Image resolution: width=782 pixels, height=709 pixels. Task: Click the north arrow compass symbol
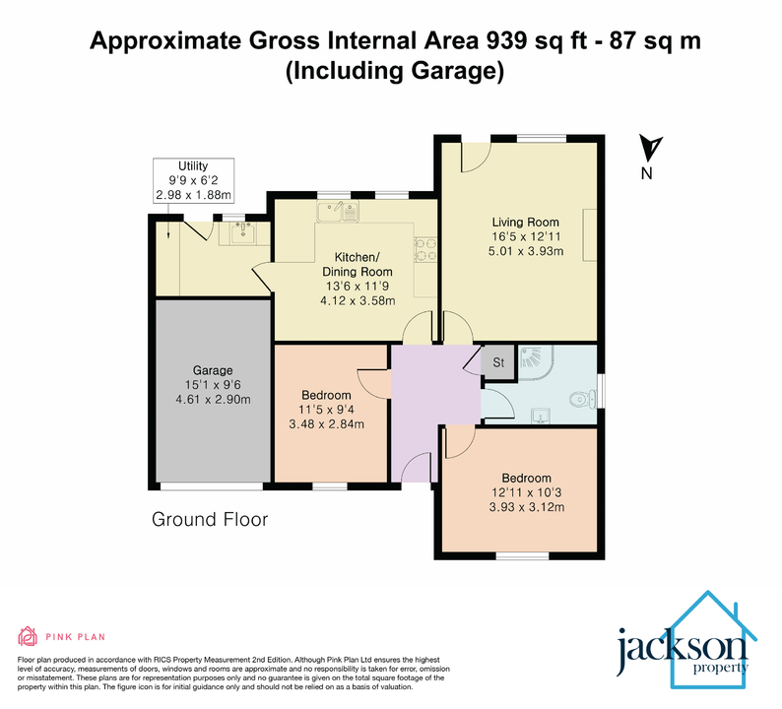point(649,151)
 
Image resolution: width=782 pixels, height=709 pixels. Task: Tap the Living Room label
point(525,223)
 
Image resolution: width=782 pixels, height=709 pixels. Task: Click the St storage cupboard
point(498,362)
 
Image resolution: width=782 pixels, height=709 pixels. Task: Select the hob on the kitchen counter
point(425,252)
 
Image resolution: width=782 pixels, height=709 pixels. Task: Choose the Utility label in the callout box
point(193,165)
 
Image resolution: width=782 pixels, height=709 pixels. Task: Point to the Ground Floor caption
point(209,519)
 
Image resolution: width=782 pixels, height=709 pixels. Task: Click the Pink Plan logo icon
point(27,636)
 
